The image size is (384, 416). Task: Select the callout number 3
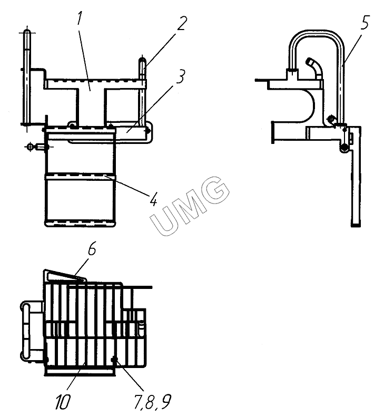[x=181, y=76]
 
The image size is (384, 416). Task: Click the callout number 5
[x=365, y=22]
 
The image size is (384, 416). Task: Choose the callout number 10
[x=63, y=402]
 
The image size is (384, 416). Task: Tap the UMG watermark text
[x=190, y=206]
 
